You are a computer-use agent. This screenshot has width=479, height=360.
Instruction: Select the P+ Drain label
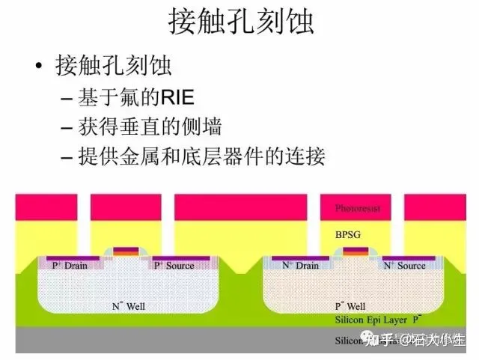point(71,266)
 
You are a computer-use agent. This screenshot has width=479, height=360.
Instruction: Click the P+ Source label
point(174,266)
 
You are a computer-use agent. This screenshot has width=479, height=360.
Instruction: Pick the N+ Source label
point(404,266)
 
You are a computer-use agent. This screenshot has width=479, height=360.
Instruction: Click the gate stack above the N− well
point(123,251)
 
